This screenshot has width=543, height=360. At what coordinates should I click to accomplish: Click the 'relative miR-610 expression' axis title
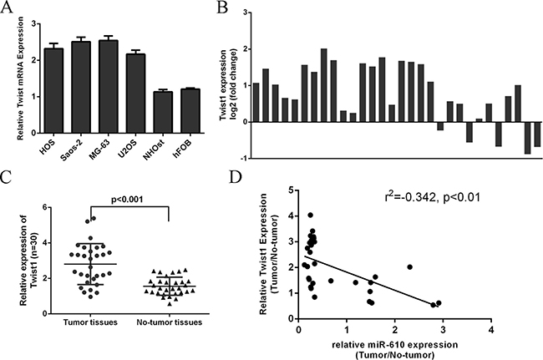(396, 342)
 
